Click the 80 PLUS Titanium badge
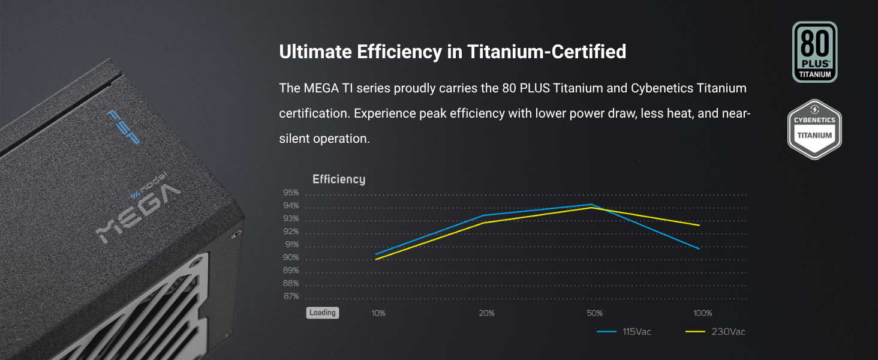pyautogui.click(x=814, y=52)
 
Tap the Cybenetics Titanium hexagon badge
pyautogui.click(x=814, y=130)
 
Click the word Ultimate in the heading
pyautogui.click(x=315, y=52)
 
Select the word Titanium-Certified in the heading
pyautogui.click(x=546, y=52)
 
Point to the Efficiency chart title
pyautogui.click(x=339, y=179)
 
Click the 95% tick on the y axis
pyautogui.click(x=291, y=193)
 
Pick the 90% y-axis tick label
pyautogui.click(x=291, y=257)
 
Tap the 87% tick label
pyautogui.click(x=291, y=296)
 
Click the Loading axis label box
pyautogui.click(x=323, y=313)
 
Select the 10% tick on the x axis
pyautogui.click(x=378, y=313)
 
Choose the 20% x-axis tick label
pyautogui.click(x=486, y=313)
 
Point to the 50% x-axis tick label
pyautogui.click(x=594, y=313)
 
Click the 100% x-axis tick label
pyautogui.click(x=702, y=313)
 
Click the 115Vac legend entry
pyautogui.click(x=624, y=332)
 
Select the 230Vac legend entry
pyautogui.click(x=715, y=332)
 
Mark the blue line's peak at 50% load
pyautogui.click(x=591, y=205)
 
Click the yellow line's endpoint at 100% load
pyautogui.click(x=699, y=225)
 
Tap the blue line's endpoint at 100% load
pyautogui.click(x=699, y=248)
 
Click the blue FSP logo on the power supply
pyautogui.click(x=123, y=127)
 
